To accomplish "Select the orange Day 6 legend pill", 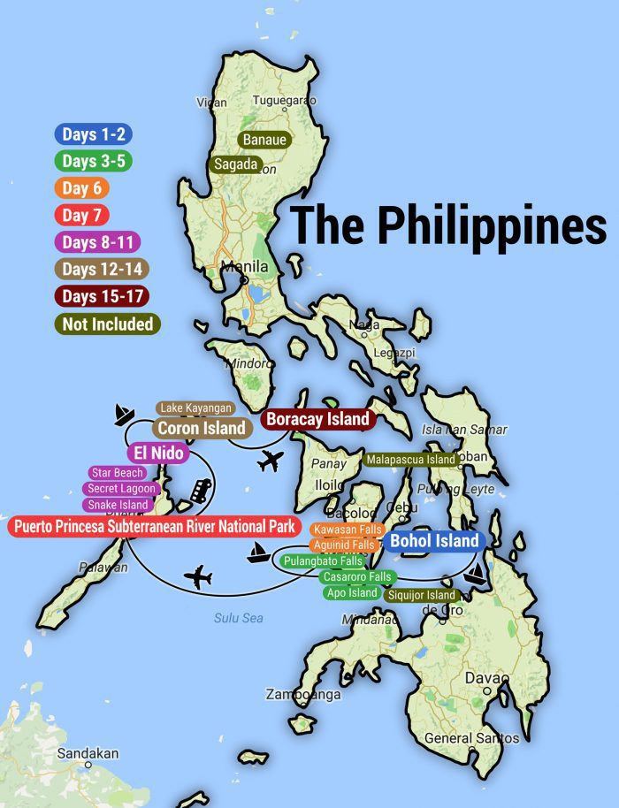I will click(x=80, y=188).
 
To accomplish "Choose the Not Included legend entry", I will click(x=108, y=324).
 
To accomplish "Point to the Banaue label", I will click(x=264, y=140).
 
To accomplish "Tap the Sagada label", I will click(x=235, y=164).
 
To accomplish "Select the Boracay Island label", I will click(x=318, y=419).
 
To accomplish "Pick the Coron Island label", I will click(x=202, y=428).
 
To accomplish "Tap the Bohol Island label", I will click(x=434, y=541).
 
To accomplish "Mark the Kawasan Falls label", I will click(x=347, y=529).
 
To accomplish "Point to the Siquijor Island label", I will click(x=422, y=596).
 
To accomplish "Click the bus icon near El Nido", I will click(x=203, y=489).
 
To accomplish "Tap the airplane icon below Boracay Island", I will click(x=272, y=461).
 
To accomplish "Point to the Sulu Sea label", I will click(x=238, y=618).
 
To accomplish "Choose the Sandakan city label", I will click(x=88, y=753).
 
